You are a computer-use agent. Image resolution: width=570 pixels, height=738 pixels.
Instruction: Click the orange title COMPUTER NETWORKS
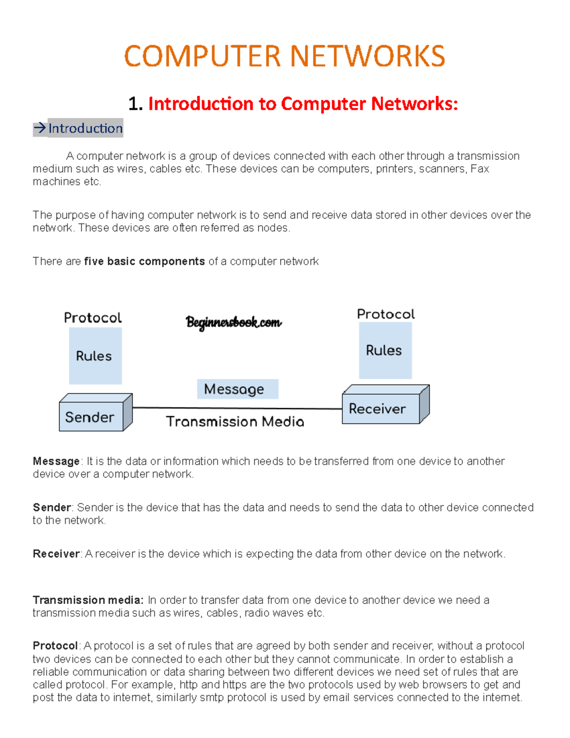coord(285,56)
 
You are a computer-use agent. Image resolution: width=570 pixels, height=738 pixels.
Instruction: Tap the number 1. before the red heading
coord(135,104)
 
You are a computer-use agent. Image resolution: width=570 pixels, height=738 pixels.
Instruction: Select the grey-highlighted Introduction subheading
coord(85,128)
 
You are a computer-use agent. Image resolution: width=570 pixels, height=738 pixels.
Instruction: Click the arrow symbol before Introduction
coord(39,128)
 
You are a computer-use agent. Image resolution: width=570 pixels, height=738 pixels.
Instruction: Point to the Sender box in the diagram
coord(90,417)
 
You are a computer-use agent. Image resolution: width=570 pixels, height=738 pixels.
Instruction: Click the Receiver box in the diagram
coord(380,408)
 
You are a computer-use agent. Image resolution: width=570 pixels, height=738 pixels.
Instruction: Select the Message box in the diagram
coord(237,389)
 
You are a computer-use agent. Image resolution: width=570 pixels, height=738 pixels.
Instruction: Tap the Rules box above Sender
coord(95,355)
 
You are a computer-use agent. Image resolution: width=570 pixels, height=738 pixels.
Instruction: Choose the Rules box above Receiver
coord(385,350)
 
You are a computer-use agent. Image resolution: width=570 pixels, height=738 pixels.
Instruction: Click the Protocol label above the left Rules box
coord(93,317)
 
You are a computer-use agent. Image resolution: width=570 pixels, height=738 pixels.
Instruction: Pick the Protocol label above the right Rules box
coord(386,314)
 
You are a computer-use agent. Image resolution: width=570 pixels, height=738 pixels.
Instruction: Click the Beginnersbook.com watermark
coord(233,322)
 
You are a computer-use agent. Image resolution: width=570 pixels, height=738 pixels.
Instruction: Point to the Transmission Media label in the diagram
coord(235,422)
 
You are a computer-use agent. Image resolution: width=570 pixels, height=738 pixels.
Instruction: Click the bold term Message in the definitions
coord(56,461)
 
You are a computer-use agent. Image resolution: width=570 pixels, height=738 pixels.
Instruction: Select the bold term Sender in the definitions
coord(52,508)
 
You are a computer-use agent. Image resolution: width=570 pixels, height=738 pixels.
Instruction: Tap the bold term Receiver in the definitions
coord(56,554)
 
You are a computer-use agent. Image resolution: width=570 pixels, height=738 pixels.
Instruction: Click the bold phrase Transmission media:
coord(88,600)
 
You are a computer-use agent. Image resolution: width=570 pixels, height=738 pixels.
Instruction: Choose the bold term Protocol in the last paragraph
coord(55,646)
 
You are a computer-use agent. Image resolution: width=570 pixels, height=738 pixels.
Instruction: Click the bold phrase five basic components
coord(144,261)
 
